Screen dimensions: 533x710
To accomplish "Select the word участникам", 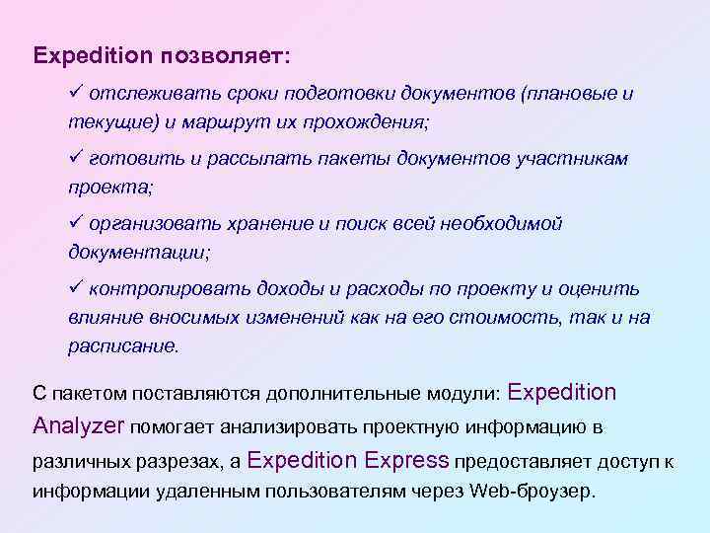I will [x=576, y=158].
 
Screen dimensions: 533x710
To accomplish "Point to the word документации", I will [x=138, y=252].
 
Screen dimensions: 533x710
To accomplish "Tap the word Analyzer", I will [x=78, y=426].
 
